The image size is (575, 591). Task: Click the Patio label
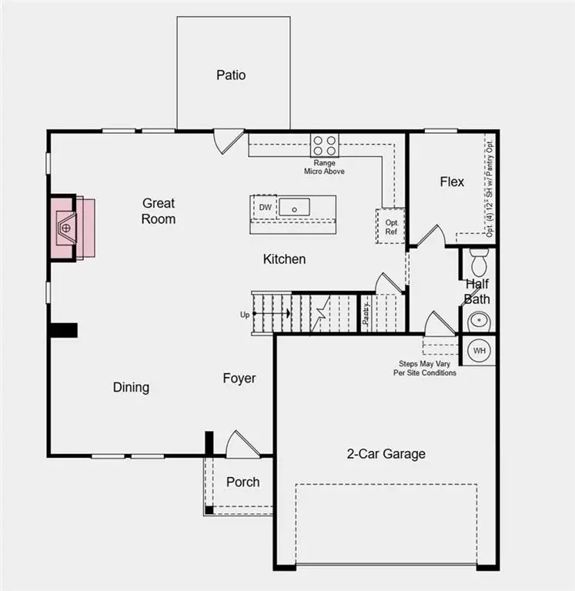pos(231,75)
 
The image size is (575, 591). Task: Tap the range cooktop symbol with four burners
pos(324,145)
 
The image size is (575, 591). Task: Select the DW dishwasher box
pos(264,208)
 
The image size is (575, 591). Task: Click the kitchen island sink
pos(293,207)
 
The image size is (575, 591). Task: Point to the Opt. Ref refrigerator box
pos(391,226)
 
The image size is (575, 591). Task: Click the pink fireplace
pos(72,228)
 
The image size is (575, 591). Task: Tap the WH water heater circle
pos(480,351)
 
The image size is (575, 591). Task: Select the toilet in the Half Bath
pos(480,262)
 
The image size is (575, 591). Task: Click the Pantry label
pos(367,312)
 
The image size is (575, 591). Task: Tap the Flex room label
pos(452,182)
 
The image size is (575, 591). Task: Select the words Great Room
pos(159,211)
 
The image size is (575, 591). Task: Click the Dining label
pos(131,387)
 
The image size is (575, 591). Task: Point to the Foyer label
pos(239,378)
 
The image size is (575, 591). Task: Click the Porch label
pos(242,482)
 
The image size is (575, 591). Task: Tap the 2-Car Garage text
pos(386,454)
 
